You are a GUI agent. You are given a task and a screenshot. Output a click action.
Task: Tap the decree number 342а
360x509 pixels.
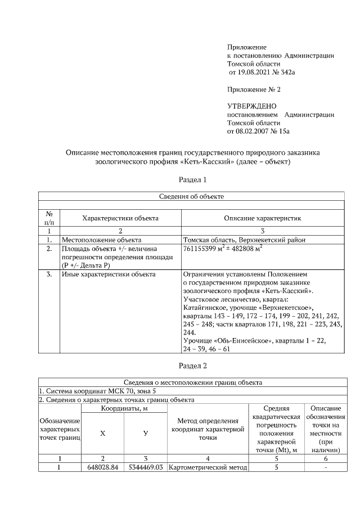[287, 73]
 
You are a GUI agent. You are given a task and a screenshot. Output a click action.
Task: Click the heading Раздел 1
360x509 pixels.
[193, 180]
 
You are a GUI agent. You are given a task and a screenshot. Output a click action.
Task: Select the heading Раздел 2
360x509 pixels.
[193, 366]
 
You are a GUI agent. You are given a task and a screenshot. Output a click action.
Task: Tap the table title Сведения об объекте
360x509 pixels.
[192, 196]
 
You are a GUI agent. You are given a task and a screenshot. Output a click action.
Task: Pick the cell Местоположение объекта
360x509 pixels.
[101, 240]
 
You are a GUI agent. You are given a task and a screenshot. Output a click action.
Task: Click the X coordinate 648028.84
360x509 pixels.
[102, 467]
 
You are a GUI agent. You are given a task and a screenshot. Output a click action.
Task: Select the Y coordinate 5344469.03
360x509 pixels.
[145, 467]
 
